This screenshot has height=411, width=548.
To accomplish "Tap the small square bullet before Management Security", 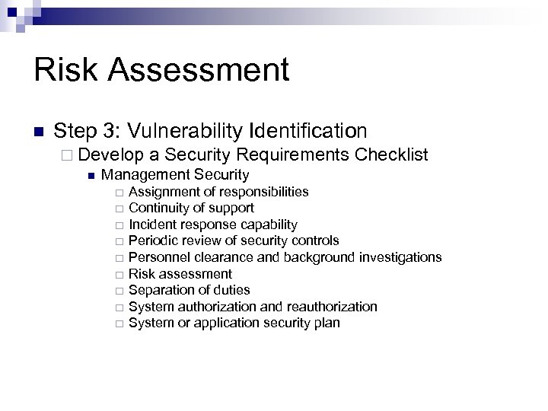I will tap(91, 176).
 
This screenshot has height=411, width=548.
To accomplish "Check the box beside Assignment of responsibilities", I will tap(119, 192).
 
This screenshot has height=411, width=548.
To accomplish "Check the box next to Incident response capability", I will tap(119, 225).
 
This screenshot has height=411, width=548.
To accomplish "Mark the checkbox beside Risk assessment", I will tap(119, 275).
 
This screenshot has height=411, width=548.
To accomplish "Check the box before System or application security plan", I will tap(119, 324).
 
